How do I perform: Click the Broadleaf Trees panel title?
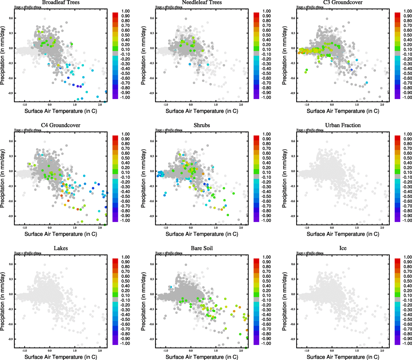(x=61, y=2)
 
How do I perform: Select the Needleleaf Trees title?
(x=202, y=2)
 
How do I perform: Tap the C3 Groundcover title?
(x=343, y=2)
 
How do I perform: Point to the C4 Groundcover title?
(x=61, y=125)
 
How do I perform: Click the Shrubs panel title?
(x=202, y=125)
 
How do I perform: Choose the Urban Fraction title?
(x=343, y=125)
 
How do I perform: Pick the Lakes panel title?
(x=61, y=248)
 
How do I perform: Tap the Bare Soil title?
(x=202, y=248)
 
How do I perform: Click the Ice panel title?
(x=343, y=248)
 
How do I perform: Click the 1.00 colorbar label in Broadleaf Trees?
(x=125, y=11)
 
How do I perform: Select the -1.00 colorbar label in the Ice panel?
(x=407, y=343)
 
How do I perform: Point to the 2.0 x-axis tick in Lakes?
(x=100, y=350)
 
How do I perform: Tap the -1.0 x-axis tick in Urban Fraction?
(x=307, y=227)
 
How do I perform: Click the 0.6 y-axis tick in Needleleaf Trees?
(x=152, y=18)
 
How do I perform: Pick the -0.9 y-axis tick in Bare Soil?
(x=152, y=339)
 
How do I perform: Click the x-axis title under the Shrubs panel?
(x=202, y=234)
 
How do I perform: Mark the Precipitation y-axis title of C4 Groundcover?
(x=3, y=178)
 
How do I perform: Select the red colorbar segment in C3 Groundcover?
(x=397, y=15)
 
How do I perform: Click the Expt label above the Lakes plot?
(x=28, y=253)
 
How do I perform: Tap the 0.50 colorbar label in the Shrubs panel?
(x=266, y=158)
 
